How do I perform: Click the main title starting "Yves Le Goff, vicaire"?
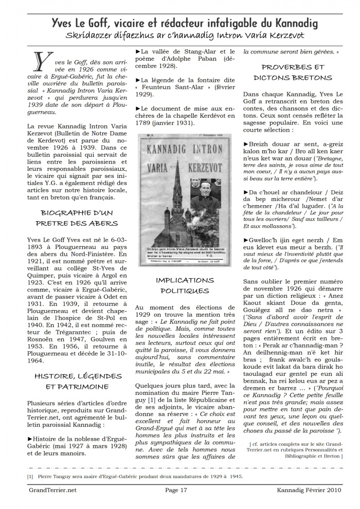pos(184,23)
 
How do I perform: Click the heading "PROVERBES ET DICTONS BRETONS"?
pos(293,72)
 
